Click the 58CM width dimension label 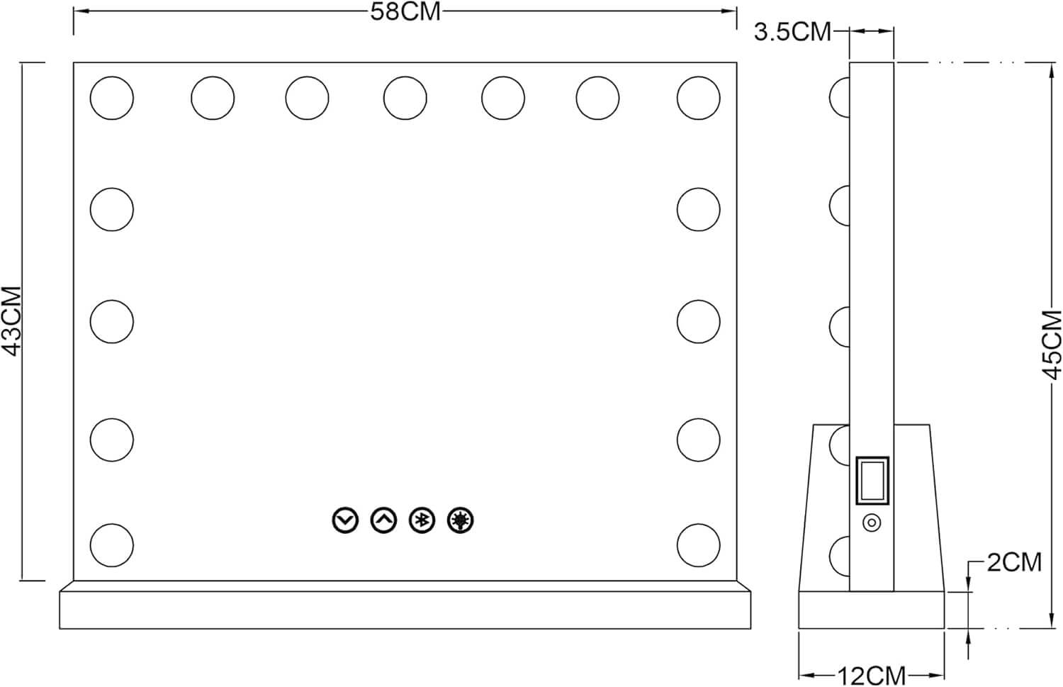coord(405,12)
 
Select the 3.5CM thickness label coord(792,33)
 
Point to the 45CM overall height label coord(1052,338)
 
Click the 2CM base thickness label coord(1015,563)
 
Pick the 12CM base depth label coord(871,676)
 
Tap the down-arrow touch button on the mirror coord(345,520)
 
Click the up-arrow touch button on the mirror coord(383,520)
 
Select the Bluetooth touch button coord(422,520)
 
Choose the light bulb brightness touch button coord(461,520)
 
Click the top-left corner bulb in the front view coord(112,98)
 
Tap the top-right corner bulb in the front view coord(699,98)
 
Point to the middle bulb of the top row coord(405,98)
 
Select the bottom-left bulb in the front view coord(112,545)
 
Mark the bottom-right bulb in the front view coord(699,545)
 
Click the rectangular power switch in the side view coord(872,481)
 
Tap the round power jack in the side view coord(872,523)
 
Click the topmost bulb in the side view coord(840,98)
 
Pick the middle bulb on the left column coord(112,321)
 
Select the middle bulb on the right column coord(699,321)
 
